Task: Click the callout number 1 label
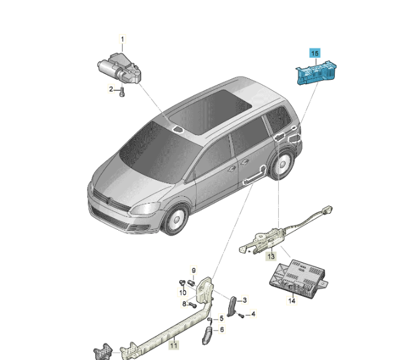click(x=123, y=39)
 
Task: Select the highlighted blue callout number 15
click(x=315, y=54)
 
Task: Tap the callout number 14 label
click(x=292, y=300)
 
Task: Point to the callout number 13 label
click(x=271, y=256)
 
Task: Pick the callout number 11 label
click(x=174, y=345)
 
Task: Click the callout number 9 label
click(x=193, y=270)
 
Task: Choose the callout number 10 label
click(x=183, y=293)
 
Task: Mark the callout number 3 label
click(x=245, y=300)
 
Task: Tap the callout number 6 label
click(x=222, y=329)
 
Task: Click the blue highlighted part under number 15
click(x=316, y=73)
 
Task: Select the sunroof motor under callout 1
click(x=119, y=69)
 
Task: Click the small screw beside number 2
click(x=122, y=92)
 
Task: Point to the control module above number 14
click(x=299, y=278)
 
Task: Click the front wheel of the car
click(x=175, y=219)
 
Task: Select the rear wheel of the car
click(x=282, y=164)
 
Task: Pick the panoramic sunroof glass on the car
click(x=210, y=111)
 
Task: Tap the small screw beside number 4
click(x=241, y=315)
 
